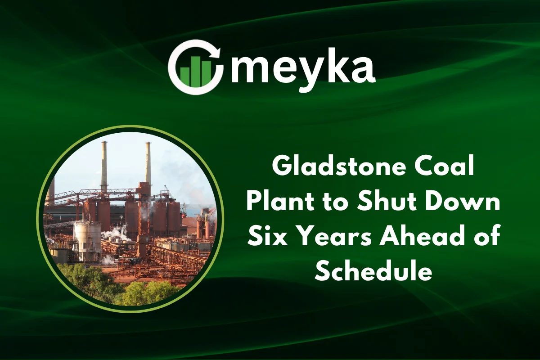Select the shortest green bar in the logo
pyautogui.click(x=184, y=76)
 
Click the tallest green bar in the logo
pyautogui.click(x=195, y=71)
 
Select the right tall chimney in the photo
pyautogui.click(x=148, y=164)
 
